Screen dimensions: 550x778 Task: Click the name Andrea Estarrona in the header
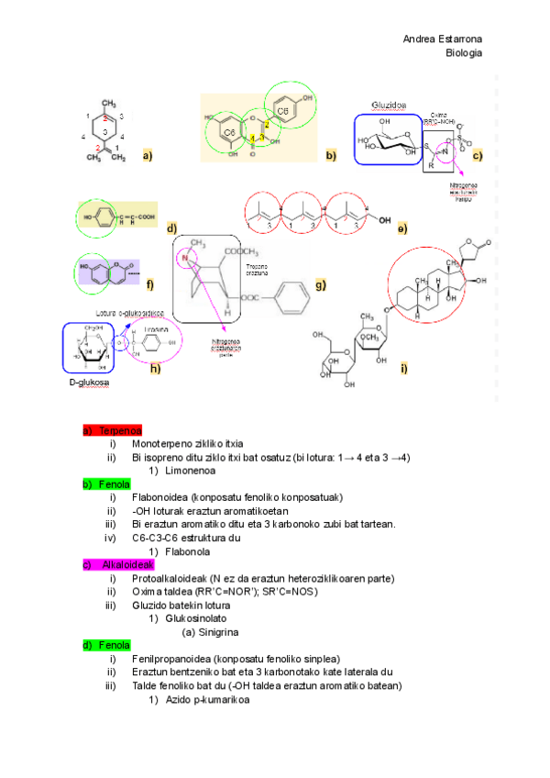(443, 39)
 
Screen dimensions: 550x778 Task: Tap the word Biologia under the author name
(464, 52)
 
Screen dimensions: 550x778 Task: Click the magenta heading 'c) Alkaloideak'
(119, 564)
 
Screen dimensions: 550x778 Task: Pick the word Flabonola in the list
(180, 551)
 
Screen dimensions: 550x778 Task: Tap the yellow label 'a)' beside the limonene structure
(147, 157)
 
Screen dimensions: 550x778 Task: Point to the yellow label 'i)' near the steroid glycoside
(403, 368)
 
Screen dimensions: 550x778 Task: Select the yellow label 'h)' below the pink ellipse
(155, 369)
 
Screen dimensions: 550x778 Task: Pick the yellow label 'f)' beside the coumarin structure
(149, 284)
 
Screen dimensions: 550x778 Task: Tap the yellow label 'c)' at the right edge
(478, 156)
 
